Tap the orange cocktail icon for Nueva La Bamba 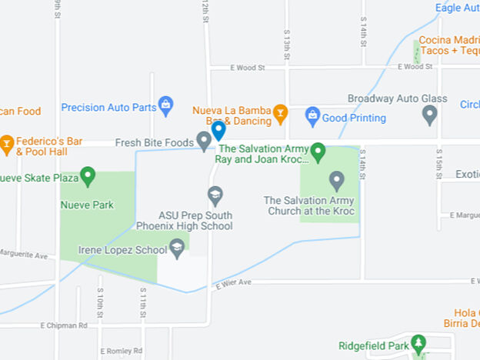click(x=281, y=115)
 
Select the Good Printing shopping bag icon click(x=312, y=115)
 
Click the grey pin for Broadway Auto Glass click(x=430, y=115)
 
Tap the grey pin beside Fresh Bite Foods click(x=204, y=140)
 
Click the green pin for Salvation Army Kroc click(x=318, y=152)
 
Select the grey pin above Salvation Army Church click(x=336, y=181)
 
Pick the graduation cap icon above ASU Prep click(x=215, y=195)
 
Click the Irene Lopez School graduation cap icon click(x=178, y=248)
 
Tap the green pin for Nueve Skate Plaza click(x=88, y=177)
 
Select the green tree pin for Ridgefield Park click(x=418, y=343)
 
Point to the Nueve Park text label click(x=88, y=205)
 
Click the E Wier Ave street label click(x=234, y=283)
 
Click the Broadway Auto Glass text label click(x=397, y=99)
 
